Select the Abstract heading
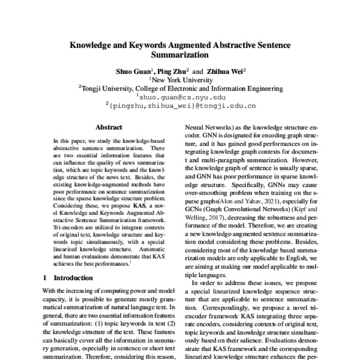click(x=109, y=127)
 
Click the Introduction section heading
click(x=73, y=278)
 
